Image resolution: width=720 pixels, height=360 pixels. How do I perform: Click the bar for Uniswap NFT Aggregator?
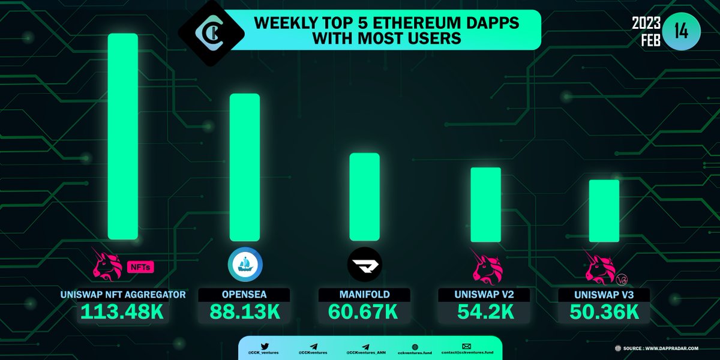click(x=123, y=137)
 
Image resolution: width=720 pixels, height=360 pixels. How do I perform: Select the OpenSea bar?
click(x=245, y=167)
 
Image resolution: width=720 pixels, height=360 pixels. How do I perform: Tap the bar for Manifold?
click(x=365, y=197)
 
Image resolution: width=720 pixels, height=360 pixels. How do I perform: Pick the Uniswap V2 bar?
click(x=485, y=205)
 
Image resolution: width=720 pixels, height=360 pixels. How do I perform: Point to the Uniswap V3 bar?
click(x=604, y=211)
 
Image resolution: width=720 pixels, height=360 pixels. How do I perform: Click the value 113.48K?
click(x=124, y=313)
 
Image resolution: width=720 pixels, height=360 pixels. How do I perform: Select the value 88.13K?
click(x=245, y=313)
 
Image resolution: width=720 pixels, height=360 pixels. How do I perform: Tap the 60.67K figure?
click(x=365, y=313)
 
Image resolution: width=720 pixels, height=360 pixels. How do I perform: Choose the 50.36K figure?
click(x=604, y=313)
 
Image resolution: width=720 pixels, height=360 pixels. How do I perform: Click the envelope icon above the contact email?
click(x=466, y=346)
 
